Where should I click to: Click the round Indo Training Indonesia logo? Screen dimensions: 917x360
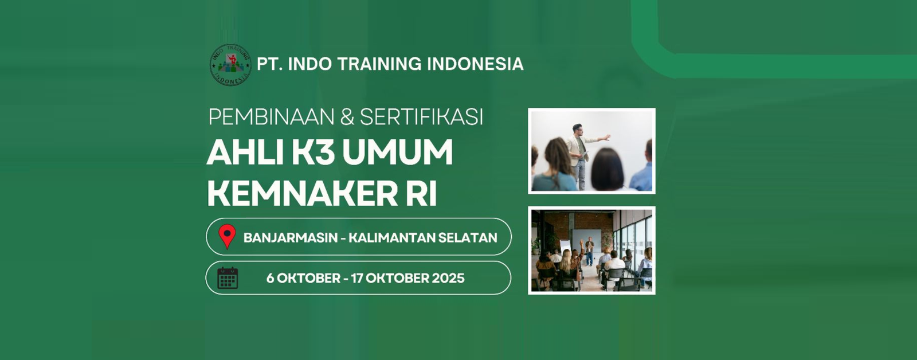point(230,65)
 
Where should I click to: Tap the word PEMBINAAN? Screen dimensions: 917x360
point(272,117)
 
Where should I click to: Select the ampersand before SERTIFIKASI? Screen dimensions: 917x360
point(347,117)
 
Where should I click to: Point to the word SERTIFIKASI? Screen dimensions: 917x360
point(422,117)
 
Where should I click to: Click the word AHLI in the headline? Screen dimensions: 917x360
point(245,152)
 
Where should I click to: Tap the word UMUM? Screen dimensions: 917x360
point(397,152)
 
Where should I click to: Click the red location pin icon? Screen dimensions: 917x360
point(227,236)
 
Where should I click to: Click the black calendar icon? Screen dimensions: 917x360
point(228,277)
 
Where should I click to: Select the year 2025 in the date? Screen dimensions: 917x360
point(448,278)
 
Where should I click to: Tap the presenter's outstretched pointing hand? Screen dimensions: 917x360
point(607,137)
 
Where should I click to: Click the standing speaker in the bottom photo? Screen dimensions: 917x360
point(590,251)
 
